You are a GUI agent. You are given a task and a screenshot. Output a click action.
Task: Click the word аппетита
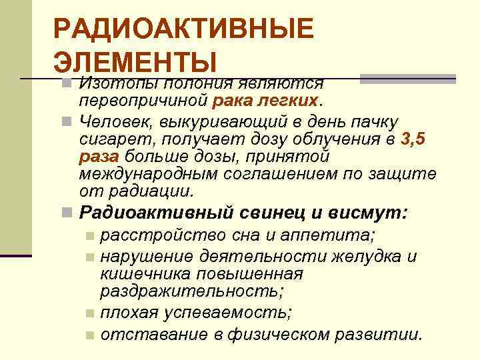coord(337,236)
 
